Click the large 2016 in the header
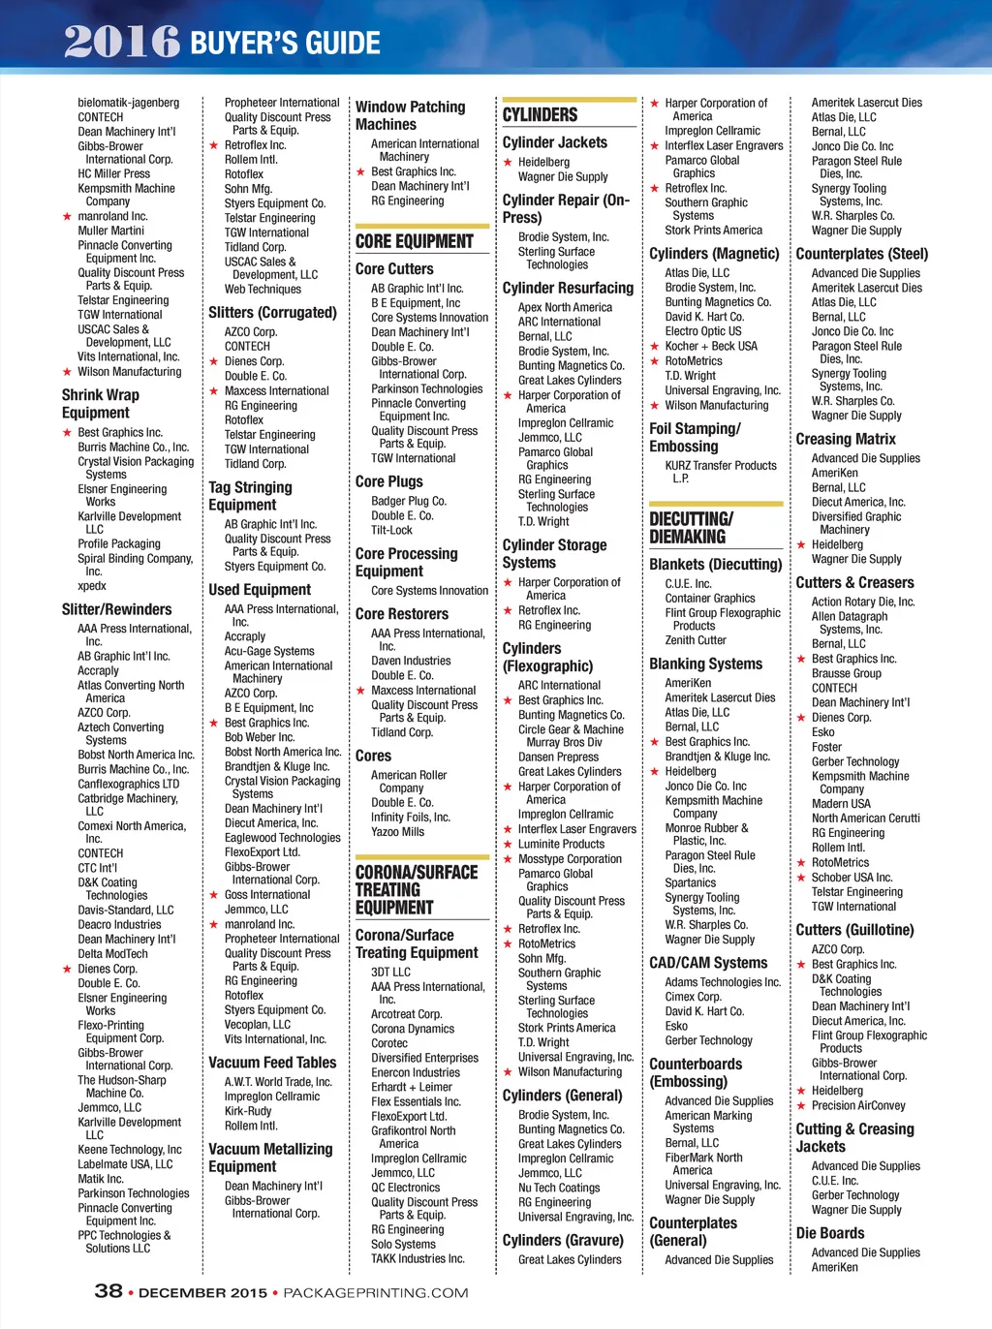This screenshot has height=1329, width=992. [122, 42]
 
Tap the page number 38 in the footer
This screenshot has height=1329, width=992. [108, 1290]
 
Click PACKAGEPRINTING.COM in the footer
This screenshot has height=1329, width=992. [376, 1292]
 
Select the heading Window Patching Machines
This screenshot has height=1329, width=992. [410, 115]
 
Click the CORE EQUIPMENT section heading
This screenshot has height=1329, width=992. [415, 241]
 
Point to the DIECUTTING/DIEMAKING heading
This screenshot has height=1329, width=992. [692, 528]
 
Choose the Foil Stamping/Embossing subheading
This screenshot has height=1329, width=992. [695, 437]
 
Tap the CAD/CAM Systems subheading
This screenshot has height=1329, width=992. [708, 963]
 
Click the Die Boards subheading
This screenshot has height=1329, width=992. [830, 1233]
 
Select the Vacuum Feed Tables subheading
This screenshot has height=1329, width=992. [272, 1063]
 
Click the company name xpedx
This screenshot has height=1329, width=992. [92, 586]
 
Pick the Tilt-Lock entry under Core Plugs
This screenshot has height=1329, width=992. [391, 530]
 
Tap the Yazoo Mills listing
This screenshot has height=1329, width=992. [397, 832]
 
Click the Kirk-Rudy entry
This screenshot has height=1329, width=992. [248, 1111]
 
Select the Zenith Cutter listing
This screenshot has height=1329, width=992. [696, 640]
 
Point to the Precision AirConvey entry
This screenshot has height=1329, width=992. [858, 1105]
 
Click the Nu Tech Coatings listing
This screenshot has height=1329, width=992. [559, 1188]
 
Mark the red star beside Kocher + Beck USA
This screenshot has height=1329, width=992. [655, 347]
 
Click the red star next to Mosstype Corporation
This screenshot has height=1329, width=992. [508, 859]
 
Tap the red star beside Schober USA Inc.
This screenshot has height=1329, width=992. [801, 878]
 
